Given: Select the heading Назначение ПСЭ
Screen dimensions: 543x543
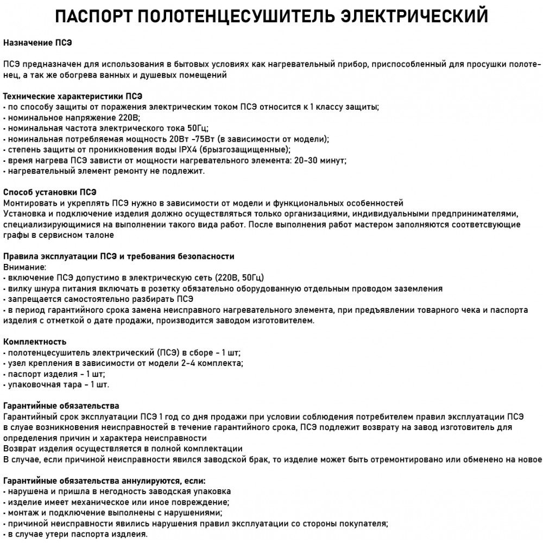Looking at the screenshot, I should [37, 42].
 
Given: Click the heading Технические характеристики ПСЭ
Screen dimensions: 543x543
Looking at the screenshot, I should [73, 96].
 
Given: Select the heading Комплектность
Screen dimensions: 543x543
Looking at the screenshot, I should [35, 342].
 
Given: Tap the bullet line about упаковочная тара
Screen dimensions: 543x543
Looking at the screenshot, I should [56, 384].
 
